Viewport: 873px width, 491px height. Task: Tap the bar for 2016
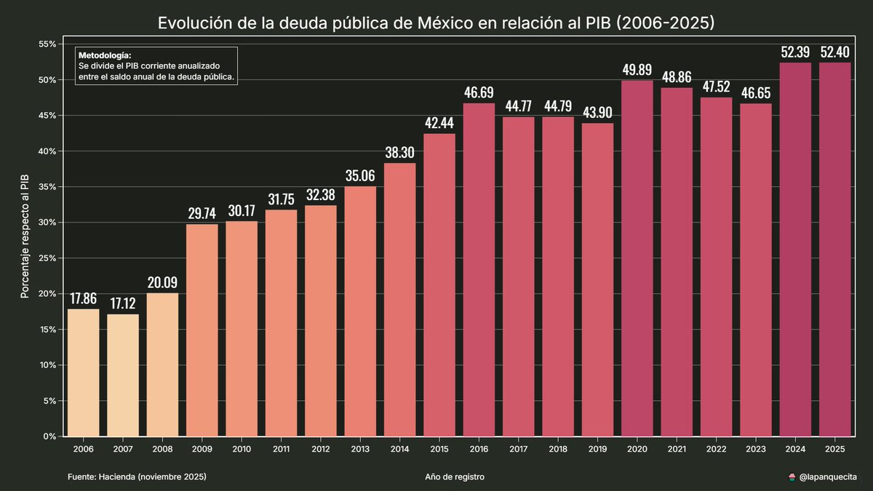(x=479, y=270)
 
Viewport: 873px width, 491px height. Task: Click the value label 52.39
(x=795, y=52)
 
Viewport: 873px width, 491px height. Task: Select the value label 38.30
(x=399, y=153)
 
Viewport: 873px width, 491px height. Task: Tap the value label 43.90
(x=597, y=113)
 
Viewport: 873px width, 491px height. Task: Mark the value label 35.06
(x=360, y=176)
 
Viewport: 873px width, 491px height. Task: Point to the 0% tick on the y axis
(x=49, y=436)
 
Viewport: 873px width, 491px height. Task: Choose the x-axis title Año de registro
(x=455, y=477)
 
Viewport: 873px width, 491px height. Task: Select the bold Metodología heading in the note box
(x=105, y=55)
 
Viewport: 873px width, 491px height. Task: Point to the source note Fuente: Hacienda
(x=137, y=477)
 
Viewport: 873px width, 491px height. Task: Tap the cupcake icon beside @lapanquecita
(x=792, y=477)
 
